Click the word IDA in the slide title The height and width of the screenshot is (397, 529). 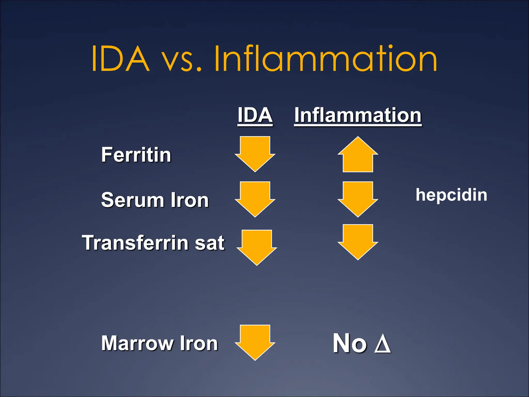[x=121, y=59]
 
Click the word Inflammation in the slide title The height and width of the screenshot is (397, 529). [x=325, y=59]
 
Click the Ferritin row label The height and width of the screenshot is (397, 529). [x=136, y=155]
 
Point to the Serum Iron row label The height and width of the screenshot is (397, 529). [x=155, y=200]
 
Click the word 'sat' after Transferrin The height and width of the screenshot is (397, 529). [x=209, y=243]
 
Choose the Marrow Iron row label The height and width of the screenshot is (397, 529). [x=159, y=343]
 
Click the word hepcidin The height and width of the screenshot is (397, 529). [x=451, y=195]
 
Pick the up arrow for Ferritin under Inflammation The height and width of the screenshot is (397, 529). [x=358, y=155]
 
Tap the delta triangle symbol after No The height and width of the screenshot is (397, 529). [x=382, y=344]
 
